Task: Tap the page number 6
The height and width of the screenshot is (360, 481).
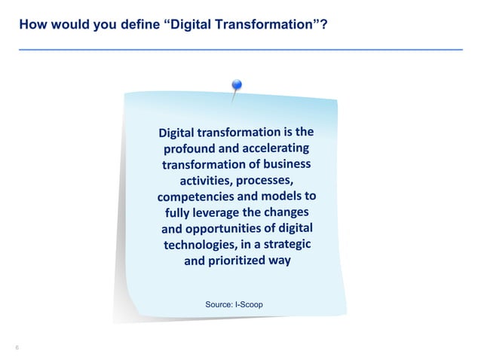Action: click(17, 347)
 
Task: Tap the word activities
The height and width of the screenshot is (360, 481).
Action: click(205, 183)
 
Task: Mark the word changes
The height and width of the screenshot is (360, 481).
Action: click(287, 212)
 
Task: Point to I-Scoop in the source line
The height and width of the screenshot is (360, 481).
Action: click(249, 305)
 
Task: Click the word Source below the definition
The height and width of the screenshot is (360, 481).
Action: click(219, 305)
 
